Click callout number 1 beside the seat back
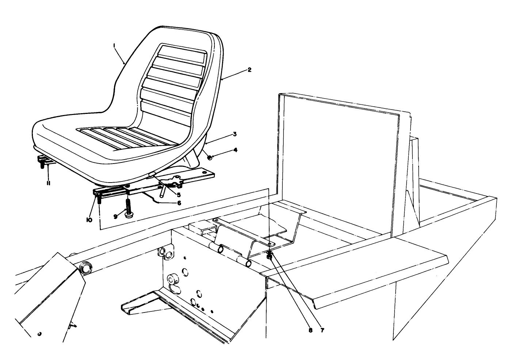114,46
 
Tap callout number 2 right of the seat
249,69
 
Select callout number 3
235,134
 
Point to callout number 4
235,149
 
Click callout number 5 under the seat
179,195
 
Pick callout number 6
179,203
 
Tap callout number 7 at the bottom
322,330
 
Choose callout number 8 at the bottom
310,330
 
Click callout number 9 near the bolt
115,216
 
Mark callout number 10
89,220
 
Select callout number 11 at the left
48,183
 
